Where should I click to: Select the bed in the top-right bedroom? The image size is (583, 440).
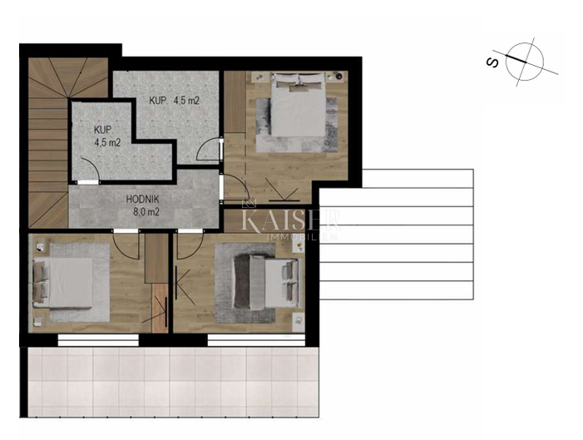point(297,115)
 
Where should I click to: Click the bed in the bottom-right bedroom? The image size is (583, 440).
point(264,280)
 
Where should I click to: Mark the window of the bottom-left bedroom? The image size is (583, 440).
point(93,339)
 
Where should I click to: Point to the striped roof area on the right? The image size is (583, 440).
point(395,233)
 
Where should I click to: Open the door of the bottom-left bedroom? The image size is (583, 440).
point(125,244)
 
